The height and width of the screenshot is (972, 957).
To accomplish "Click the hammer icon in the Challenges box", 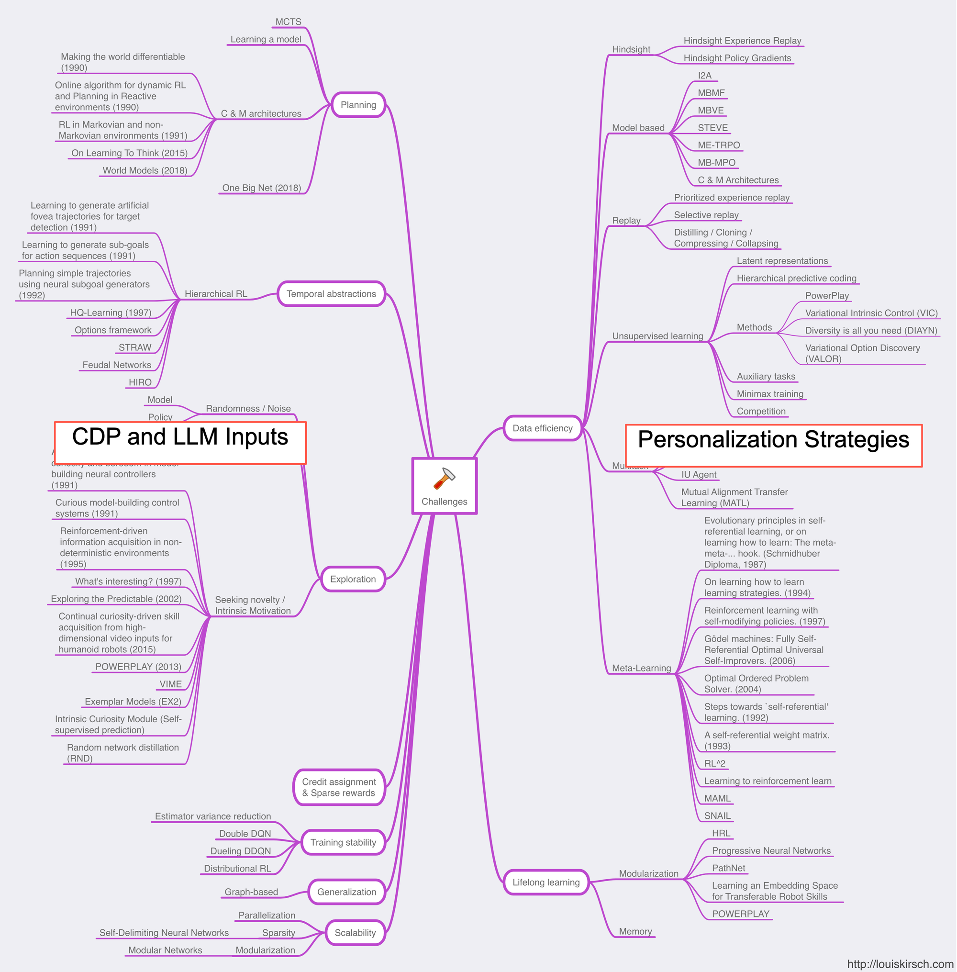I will click(445, 479).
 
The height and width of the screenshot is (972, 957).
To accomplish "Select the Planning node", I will click(358, 105).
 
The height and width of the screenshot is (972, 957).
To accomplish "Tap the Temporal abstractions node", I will click(331, 294).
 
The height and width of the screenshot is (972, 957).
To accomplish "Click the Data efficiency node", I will click(542, 428).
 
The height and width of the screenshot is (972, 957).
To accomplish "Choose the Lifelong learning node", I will click(546, 882).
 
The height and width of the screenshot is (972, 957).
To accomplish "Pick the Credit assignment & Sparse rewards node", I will click(339, 787).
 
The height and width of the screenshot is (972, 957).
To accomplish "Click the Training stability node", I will click(343, 842).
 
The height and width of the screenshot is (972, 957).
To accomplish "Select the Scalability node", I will click(355, 933).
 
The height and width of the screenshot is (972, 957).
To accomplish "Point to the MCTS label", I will click(289, 22).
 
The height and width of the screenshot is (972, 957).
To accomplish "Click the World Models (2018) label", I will click(145, 170).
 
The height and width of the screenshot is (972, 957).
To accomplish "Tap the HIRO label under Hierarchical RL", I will click(140, 382).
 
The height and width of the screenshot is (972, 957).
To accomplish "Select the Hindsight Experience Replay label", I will click(742, 41).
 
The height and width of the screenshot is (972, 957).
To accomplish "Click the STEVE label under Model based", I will click(712, 128).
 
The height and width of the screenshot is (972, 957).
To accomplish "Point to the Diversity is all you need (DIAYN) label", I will click(870, 330).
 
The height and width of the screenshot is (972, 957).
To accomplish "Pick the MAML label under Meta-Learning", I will click(717, 798).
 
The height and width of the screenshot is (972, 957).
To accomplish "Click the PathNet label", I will click(728, 868).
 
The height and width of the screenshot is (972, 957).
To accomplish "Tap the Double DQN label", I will click(245, 834).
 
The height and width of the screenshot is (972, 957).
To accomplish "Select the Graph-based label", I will click(251, 892).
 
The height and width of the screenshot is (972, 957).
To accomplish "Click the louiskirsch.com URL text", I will click(900, 964).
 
